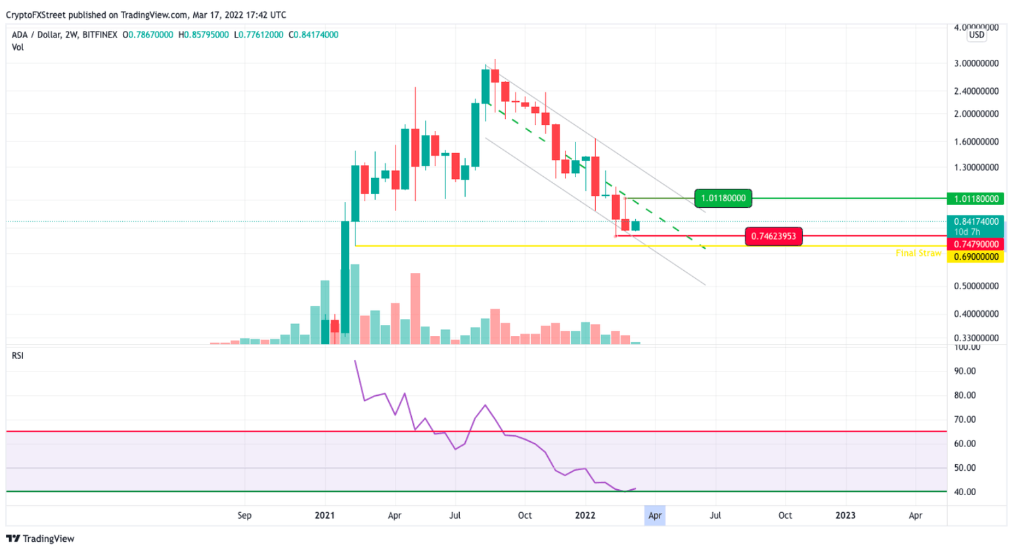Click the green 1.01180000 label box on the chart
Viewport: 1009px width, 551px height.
pyautogui.click(x=723, y=198)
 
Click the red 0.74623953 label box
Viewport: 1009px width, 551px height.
pyautogui.click(x=773, y=236)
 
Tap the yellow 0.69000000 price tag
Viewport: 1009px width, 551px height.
pyautogui.click(x=976, y=257)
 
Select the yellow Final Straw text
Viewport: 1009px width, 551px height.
pyautogui.click(x=918, y=253)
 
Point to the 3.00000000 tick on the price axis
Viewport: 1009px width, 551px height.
pyautogui.click(x=976, y=64)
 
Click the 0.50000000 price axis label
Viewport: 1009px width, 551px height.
pyautogui.click(x=976, y=286)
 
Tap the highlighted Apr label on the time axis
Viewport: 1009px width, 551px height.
pyautogui.click(x=655, y=515)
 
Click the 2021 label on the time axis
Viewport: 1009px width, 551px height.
pyautogui.click(x=325, y=515)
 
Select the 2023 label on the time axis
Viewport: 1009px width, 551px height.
pyautogui.click(x=845, y=515)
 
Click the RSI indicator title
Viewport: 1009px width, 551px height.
pyautogui.click(x=18, y=356)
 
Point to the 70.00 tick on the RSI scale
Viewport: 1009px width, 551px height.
pyautogui.click(x=965, y=419)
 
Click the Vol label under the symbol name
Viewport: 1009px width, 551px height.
pyautogui.click(x=18, y=47)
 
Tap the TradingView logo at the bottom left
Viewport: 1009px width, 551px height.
pyautogui.click(x=41, y=539)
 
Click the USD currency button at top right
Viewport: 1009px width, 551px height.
pyautogui.click(x=977, y=35)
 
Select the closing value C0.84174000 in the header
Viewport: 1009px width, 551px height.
pyautogui.click(x=313, y=35)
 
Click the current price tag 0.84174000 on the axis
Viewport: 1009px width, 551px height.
pyautogui.click(x=976, y=222)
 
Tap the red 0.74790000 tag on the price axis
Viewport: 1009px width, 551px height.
pyautogui.click(x=976, y=245)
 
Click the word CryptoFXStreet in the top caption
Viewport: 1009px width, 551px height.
pyautogui.click(x=36, y=14)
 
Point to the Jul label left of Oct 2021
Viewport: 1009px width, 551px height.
pyautogui.click(x=455, y=515)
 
